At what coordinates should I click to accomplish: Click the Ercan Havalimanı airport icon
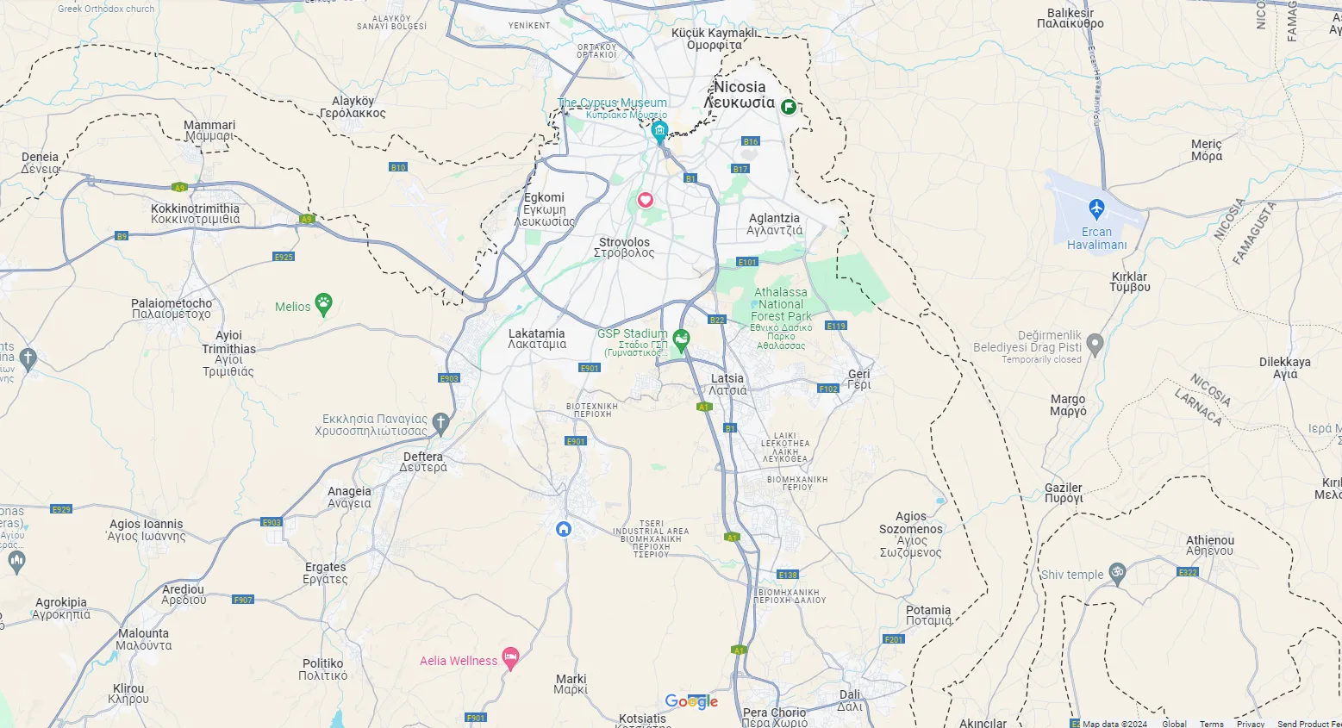pyautogui.click(x=1095, y=208)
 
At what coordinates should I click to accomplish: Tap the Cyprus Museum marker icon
pyautogui.click(x=659, y=131)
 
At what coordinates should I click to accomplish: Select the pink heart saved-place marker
pyautogui.click(x=645, y=200)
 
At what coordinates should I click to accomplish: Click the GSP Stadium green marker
pyautogui.click(x=681, y=339)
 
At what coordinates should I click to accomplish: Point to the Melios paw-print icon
pyautogui.click(x=324, y=303)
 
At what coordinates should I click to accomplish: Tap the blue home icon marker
pyautogui.click(x=564, y=529)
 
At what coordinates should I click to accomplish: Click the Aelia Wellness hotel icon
pyautogui.click(x=510, y=659)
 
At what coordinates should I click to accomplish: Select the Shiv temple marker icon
pyautogui.click(x=1117, y=573)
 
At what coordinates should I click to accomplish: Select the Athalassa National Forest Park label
pyautogui.click(x=781, y=304)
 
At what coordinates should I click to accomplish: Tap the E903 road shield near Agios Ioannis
pyautogui.click(x=272, y=522)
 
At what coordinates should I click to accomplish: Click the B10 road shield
pyautogui.click(x=397, y=167)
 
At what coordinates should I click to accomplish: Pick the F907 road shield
pyautogui.click(x=243, y=600)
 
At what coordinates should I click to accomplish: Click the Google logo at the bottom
pyautogui.click(x=691, y=702)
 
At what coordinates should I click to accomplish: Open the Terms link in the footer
pyautogui.click(x=1211, y=724)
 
